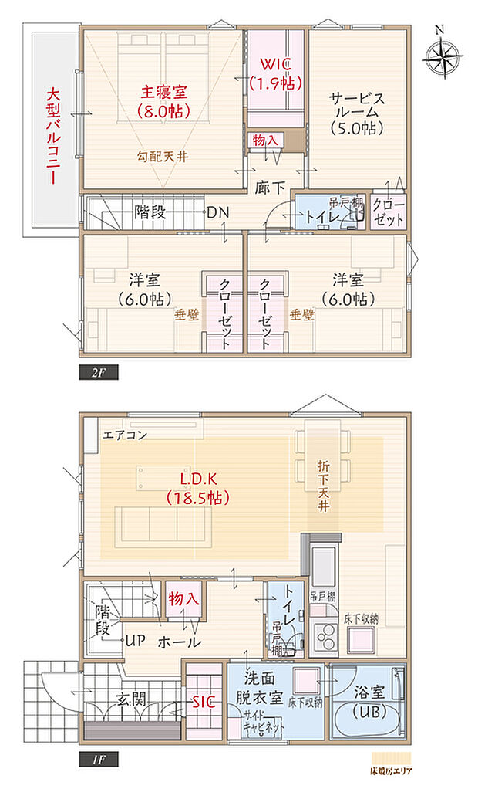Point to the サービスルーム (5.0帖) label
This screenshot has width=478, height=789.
pos(356,113)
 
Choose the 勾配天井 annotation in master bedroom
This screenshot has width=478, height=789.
pos(163,156)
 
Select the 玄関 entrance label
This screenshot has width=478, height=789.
pos(132,701)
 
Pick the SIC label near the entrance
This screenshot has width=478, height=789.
pos(204,701)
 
